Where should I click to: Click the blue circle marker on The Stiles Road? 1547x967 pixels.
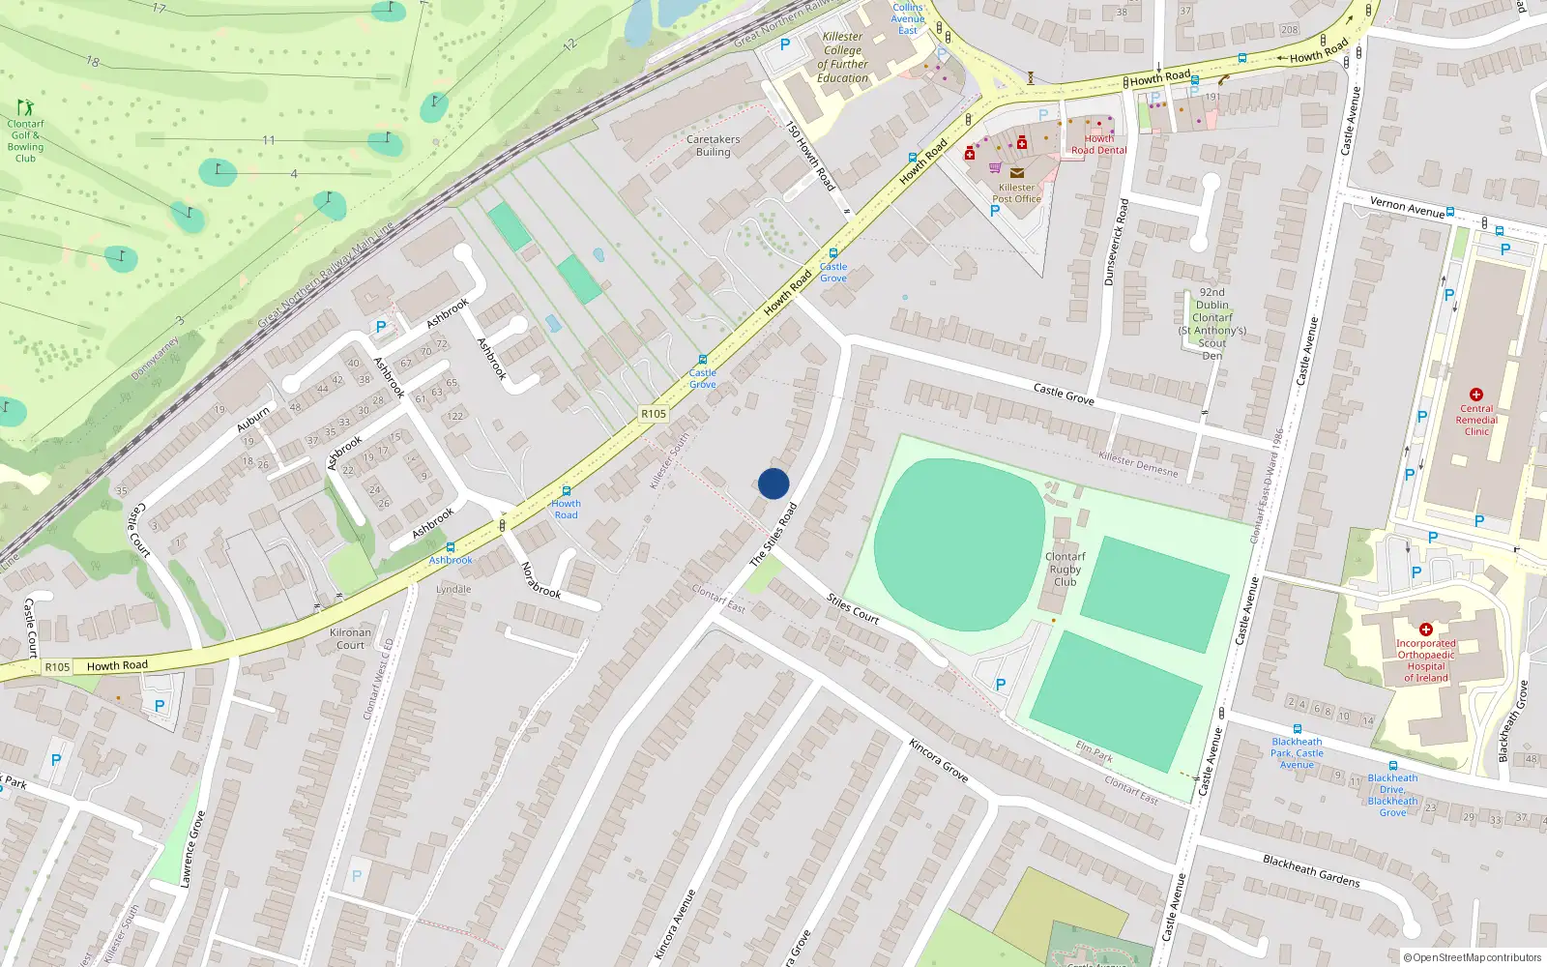click(x=773, y=483)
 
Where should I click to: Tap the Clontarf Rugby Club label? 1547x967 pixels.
click(x=1065, y=570)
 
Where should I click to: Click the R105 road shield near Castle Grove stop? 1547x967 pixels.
click(x=654, y=414)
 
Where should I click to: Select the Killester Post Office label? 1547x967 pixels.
click(x=1016, y=193)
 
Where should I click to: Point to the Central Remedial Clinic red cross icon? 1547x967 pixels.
click(x=1475, y=395)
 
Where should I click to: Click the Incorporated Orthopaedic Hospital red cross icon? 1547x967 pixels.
click(x=1425, y=630)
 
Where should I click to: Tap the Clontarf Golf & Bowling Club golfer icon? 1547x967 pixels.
click(x=25, y=107)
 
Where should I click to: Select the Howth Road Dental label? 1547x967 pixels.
click(x=1098, y=144)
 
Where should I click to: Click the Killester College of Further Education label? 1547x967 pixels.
click(x=842, y=57)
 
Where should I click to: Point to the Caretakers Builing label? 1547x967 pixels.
click(x=713, y=145)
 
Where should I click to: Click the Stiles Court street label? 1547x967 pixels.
click(x=853, y=609)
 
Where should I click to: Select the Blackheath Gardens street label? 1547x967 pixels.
click(x=1311, y=870)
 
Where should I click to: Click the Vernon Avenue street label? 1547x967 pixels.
click(x=1407, y=206)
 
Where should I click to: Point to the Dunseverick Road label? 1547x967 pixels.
click(x=1116, y=242)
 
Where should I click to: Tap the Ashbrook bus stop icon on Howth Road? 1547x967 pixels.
click(x=450, y=547)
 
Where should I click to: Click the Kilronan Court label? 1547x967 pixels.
click(x=350, y=638)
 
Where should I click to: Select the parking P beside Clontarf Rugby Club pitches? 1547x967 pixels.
click(x=1001, y=685)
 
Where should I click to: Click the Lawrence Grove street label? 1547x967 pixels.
click(x=192, y=849)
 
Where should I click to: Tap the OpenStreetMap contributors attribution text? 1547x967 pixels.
click(x=1472, y=957)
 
